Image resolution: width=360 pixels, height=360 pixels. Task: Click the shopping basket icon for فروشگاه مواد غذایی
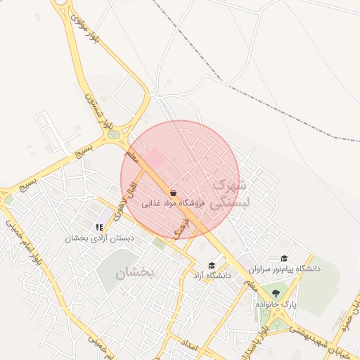coord(173,192)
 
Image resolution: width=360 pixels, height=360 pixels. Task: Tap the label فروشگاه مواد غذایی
coord(173,203)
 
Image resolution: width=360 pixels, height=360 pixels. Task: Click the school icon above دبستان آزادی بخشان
coord(99,227)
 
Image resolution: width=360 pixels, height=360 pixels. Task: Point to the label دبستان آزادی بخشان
coord(99,238)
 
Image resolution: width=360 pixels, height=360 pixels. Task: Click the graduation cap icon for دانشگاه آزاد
coord(212,265)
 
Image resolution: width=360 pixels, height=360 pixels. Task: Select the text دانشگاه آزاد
coord(212,276)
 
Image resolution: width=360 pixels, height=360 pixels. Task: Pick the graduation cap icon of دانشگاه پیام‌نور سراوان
coord(284,259)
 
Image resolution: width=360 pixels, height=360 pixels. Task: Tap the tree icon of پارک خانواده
coord(275,294)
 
